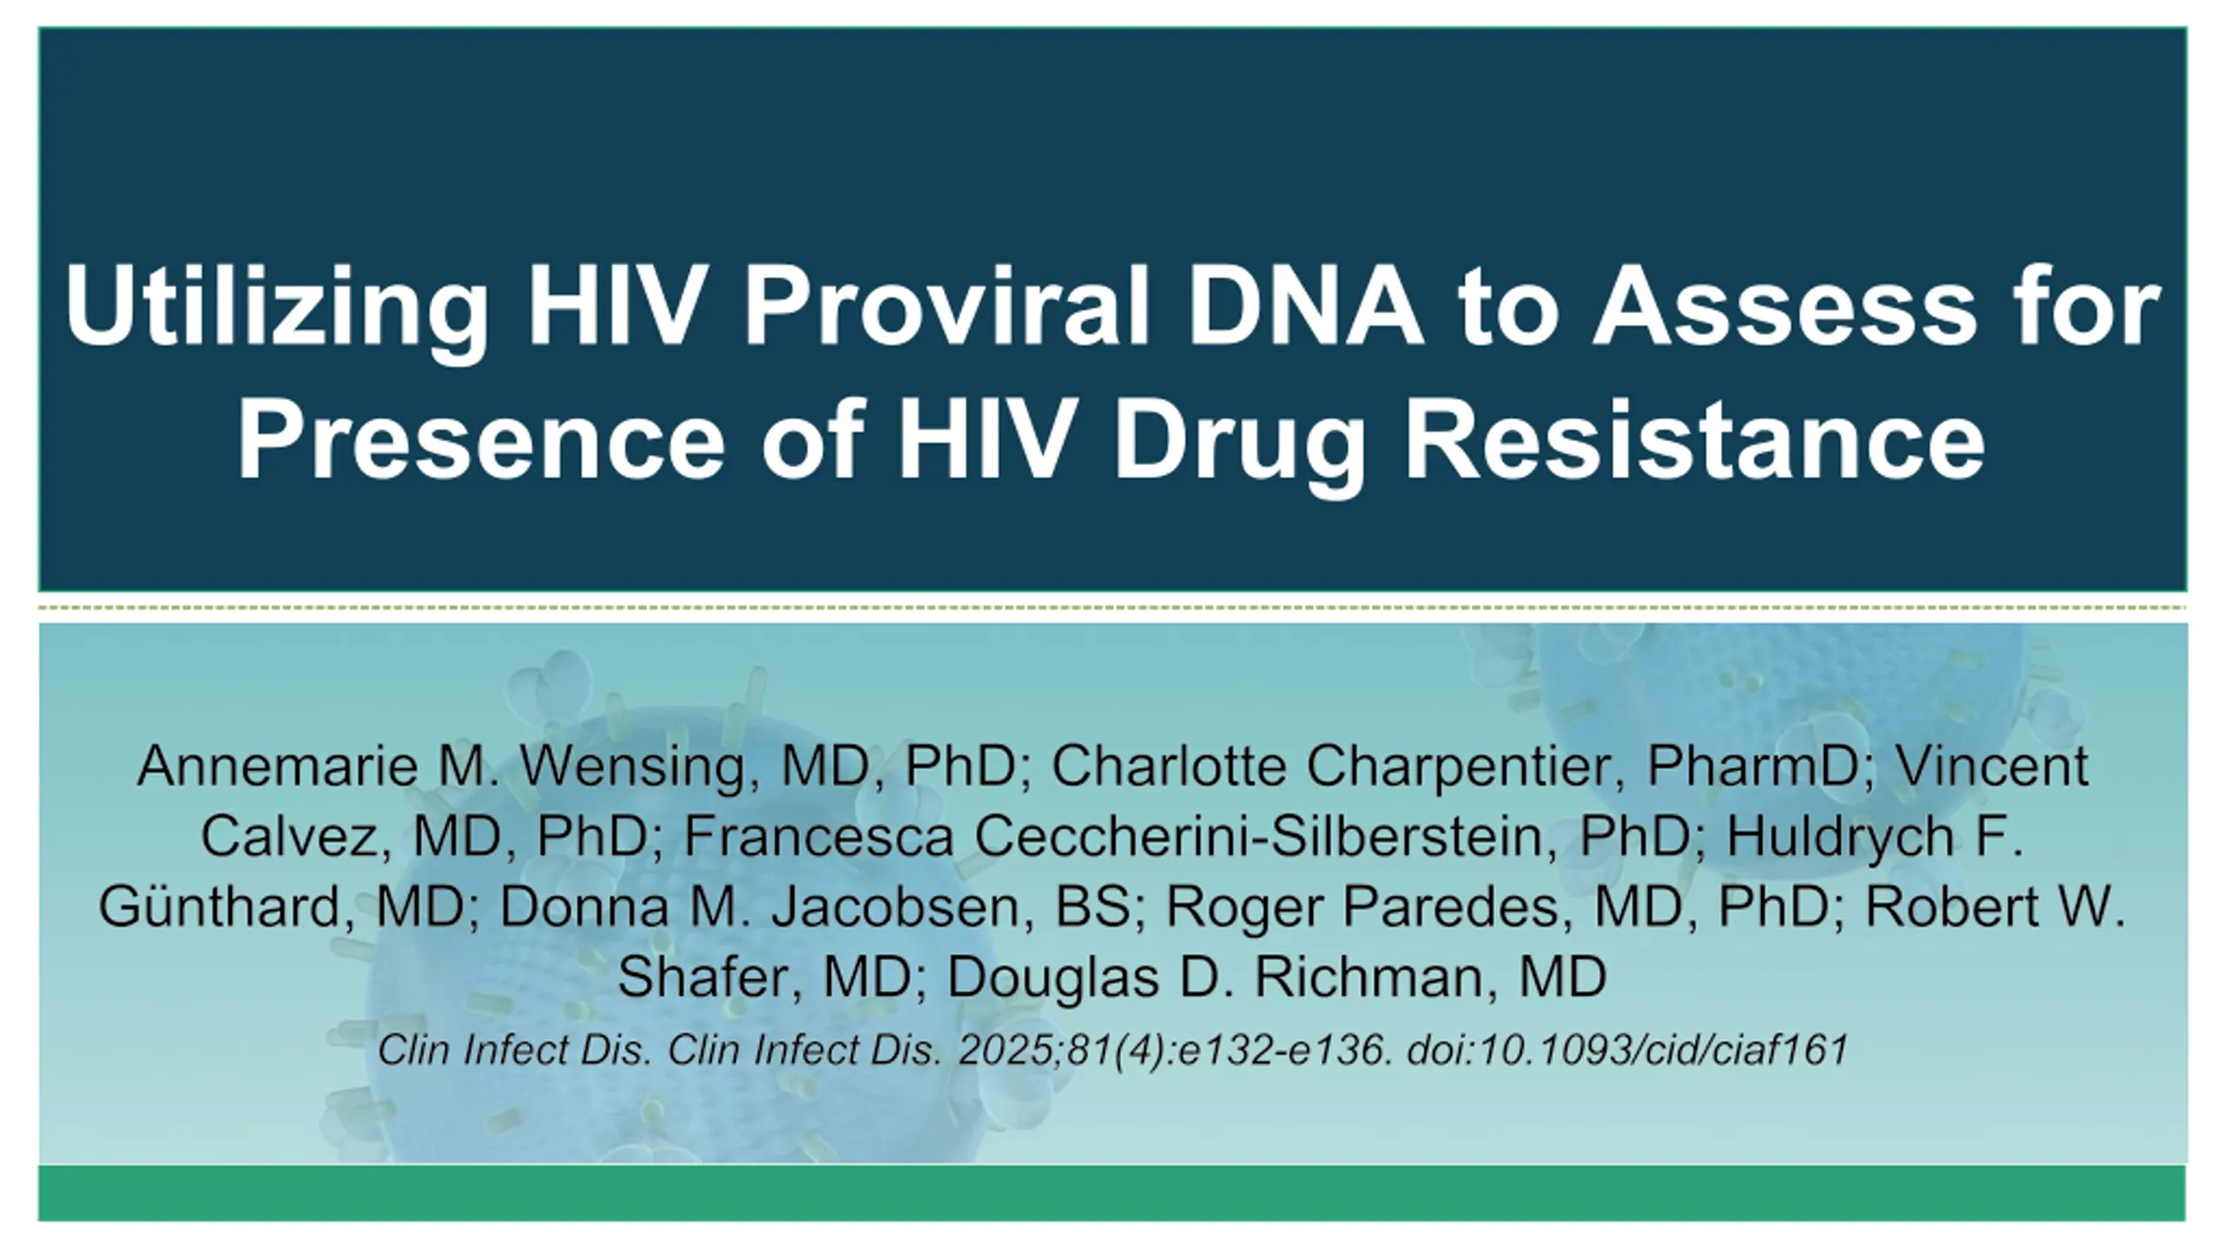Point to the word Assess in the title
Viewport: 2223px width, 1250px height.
[1784, 306]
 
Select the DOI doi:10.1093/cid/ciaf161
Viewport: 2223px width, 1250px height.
[1627, 1049]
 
